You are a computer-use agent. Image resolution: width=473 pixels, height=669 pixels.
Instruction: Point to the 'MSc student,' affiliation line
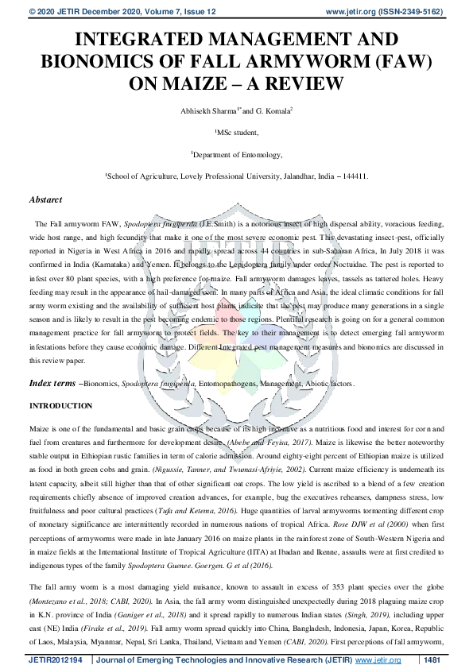coord(237,134)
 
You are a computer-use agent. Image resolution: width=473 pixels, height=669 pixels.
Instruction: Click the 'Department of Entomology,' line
coord(237,156)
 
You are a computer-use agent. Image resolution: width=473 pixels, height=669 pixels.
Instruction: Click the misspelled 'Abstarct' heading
coord(47,200)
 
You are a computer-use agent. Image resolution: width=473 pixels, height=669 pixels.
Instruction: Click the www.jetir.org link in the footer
coord(377,660)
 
